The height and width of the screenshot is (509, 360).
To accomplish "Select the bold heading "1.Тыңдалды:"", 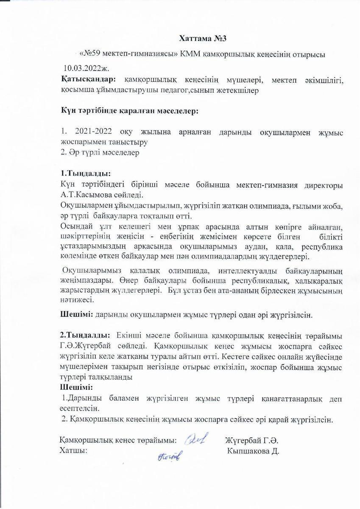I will click(x=86, y=173).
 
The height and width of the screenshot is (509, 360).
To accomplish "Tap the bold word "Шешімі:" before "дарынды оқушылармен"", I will click(x=76, y=315).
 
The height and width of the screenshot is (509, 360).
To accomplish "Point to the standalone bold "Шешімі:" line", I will click(x=76, y=388).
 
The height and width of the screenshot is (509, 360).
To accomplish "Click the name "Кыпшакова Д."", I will click(x=253, y=450).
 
